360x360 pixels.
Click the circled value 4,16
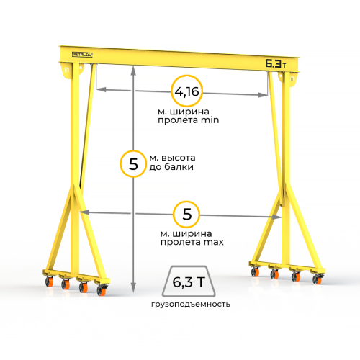[x=187, y=91]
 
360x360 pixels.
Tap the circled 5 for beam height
[x=133, y=164]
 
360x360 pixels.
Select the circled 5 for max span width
[x=186, y=215]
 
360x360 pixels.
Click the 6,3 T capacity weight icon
[x=189, y=282]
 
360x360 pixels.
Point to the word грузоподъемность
[x=191, y=305]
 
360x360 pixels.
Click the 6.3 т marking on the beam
[x=276, y=63]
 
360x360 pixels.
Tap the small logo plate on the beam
[x=82, y=55]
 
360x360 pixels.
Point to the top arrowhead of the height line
[x=133, y=69]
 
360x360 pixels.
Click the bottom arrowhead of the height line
[x=133, y=287]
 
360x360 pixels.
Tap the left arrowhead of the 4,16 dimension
[x=102, y=89]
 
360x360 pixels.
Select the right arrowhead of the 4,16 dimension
[x=263, y=95]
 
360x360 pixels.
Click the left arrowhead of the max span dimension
[x=84, y=212]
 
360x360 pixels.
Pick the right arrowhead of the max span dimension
[x=276, y=217]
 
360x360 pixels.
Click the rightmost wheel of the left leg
[x=102, y=290]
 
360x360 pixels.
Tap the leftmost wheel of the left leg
[x=50, y=281]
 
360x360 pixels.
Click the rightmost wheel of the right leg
[x=318, y=279]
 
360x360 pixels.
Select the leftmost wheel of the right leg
[x=255, y=271]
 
